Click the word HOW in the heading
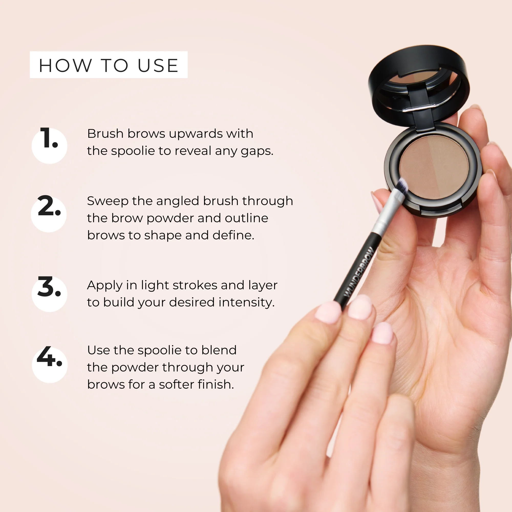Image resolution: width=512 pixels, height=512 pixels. tap(65, 66)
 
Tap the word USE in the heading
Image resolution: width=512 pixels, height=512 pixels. tap(158, 66)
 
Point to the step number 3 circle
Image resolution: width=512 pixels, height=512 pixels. tap(49, 294)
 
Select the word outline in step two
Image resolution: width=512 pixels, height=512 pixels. tap(247, 218)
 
